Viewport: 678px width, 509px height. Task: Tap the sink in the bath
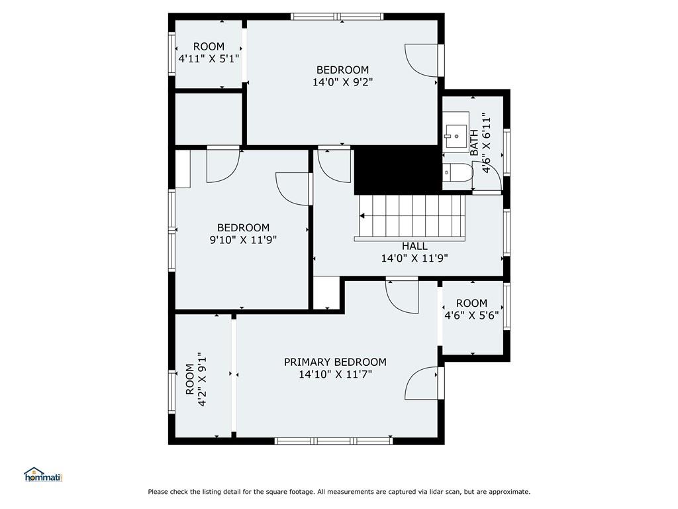456,132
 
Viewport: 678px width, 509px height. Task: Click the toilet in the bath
458,172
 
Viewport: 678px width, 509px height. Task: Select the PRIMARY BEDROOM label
335,363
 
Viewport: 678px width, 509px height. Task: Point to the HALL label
414,247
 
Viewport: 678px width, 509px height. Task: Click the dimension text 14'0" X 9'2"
342,82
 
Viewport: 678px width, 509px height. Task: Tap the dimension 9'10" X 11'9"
243,240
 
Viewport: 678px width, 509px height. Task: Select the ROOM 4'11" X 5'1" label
209,52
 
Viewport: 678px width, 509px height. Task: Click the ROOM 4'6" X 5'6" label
471,309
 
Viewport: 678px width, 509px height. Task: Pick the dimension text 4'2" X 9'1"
203,382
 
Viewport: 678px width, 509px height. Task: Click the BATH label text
474,142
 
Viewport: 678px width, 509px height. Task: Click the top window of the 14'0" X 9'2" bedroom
337,17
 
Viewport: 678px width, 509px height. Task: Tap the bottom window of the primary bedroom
334,441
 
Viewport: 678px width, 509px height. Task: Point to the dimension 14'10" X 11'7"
335,374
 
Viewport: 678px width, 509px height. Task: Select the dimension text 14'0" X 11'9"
414,258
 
